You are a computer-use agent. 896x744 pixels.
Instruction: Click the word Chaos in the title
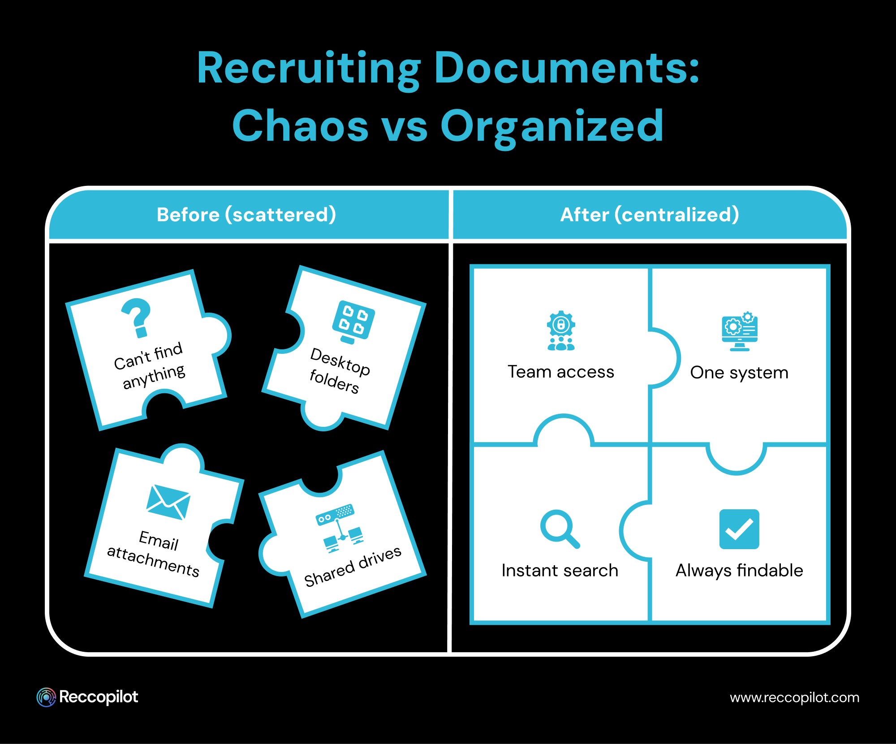click(x=300, y=126)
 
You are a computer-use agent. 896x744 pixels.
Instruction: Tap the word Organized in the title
click(x=552, y=127)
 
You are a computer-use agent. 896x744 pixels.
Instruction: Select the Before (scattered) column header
click(x=246, y=215)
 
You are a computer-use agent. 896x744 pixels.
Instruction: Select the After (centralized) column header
click(x=650, y=215)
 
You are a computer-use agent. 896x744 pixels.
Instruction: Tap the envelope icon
click(x=168, y=502)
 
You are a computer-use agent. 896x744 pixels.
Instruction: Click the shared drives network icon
click(x=340, y=529)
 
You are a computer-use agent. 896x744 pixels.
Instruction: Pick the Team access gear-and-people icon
click(x=561, y=331)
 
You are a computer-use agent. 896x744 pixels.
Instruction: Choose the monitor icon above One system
click(x=740, y=331)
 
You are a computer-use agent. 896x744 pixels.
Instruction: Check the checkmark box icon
click(x=739, y=529)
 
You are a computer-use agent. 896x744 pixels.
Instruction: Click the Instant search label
click(x=560, y=570)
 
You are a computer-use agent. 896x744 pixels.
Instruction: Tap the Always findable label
click(x=739, y=570)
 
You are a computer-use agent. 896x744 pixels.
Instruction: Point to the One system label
click(x=739, y=372)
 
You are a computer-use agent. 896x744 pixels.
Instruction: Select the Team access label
click(x=561, y=372)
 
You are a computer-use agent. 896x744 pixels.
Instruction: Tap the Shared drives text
click(x=353, y=567)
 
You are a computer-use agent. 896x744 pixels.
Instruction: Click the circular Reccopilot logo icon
click(x=46, y=697)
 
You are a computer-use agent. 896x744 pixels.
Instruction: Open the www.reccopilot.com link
click(x=794, y=697)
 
